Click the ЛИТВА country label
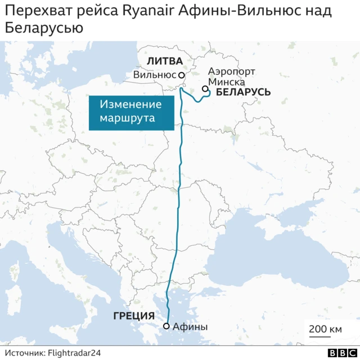pos(164,61)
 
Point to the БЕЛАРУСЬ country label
pos(243,92)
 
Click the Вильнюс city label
pos(155,75)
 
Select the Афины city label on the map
pos(190,326)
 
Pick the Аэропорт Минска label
pos(231,76)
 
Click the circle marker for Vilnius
pos(182,75)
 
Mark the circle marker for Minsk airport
pos(206,89)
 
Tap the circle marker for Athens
pos(166,326)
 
